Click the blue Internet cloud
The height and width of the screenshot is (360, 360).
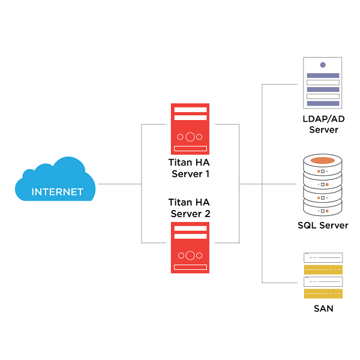(x=57, y=179)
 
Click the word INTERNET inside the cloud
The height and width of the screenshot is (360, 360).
(x=57, y=193)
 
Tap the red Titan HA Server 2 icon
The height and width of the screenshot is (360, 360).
(x=190, y=248)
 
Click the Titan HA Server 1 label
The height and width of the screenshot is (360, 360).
(x=189, y=169)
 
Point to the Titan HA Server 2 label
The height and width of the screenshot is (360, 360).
(x=189, y=208)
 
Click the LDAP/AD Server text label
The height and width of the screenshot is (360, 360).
(x=323, y=124)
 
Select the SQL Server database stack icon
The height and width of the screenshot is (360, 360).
(x=323, y=186)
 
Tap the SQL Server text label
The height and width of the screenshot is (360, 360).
(x=323, y=226)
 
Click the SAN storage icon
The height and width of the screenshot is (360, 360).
(x=323, y=275)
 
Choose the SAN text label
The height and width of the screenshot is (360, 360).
(x=323, y=308)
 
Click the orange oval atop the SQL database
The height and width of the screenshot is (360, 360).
(x=323, y=160)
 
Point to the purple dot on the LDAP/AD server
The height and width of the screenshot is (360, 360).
(x=323, y=65)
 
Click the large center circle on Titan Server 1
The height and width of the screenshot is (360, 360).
(x=190, y=137)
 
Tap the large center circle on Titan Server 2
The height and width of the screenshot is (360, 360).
(x=190, y=256)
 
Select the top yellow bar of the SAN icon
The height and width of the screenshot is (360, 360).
(x=323, y=269)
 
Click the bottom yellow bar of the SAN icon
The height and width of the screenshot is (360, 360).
(x=323, y=293)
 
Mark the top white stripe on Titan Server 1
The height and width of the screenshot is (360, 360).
(x=190, y=109)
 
